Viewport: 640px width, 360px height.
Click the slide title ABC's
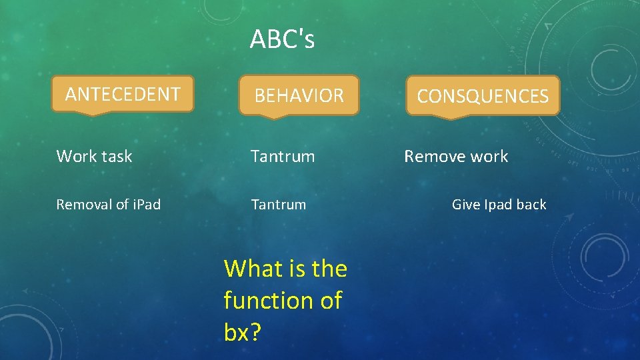click(x=282, y=40)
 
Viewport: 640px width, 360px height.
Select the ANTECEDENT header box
click(x=123, y=94)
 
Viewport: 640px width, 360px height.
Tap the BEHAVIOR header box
click(x=299, y=96)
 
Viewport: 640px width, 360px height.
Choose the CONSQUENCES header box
click(x=483, y=97)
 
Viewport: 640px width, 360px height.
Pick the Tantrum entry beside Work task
click(x=283, y=157)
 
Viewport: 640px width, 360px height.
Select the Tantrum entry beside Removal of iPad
click(x=278, y=205)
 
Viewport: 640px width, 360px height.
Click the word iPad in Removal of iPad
click(x=145, y=205)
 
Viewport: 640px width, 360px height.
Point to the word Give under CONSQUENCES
click(x=465, y=205)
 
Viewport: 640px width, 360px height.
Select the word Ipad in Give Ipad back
click(x=497, y=205)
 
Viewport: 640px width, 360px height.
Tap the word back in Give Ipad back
click(x=531, y=205)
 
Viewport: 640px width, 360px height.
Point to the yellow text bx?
click(x=242, y=333)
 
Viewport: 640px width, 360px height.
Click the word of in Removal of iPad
click(x=121, y=205)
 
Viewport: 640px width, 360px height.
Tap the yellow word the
click(x=329, y=269)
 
